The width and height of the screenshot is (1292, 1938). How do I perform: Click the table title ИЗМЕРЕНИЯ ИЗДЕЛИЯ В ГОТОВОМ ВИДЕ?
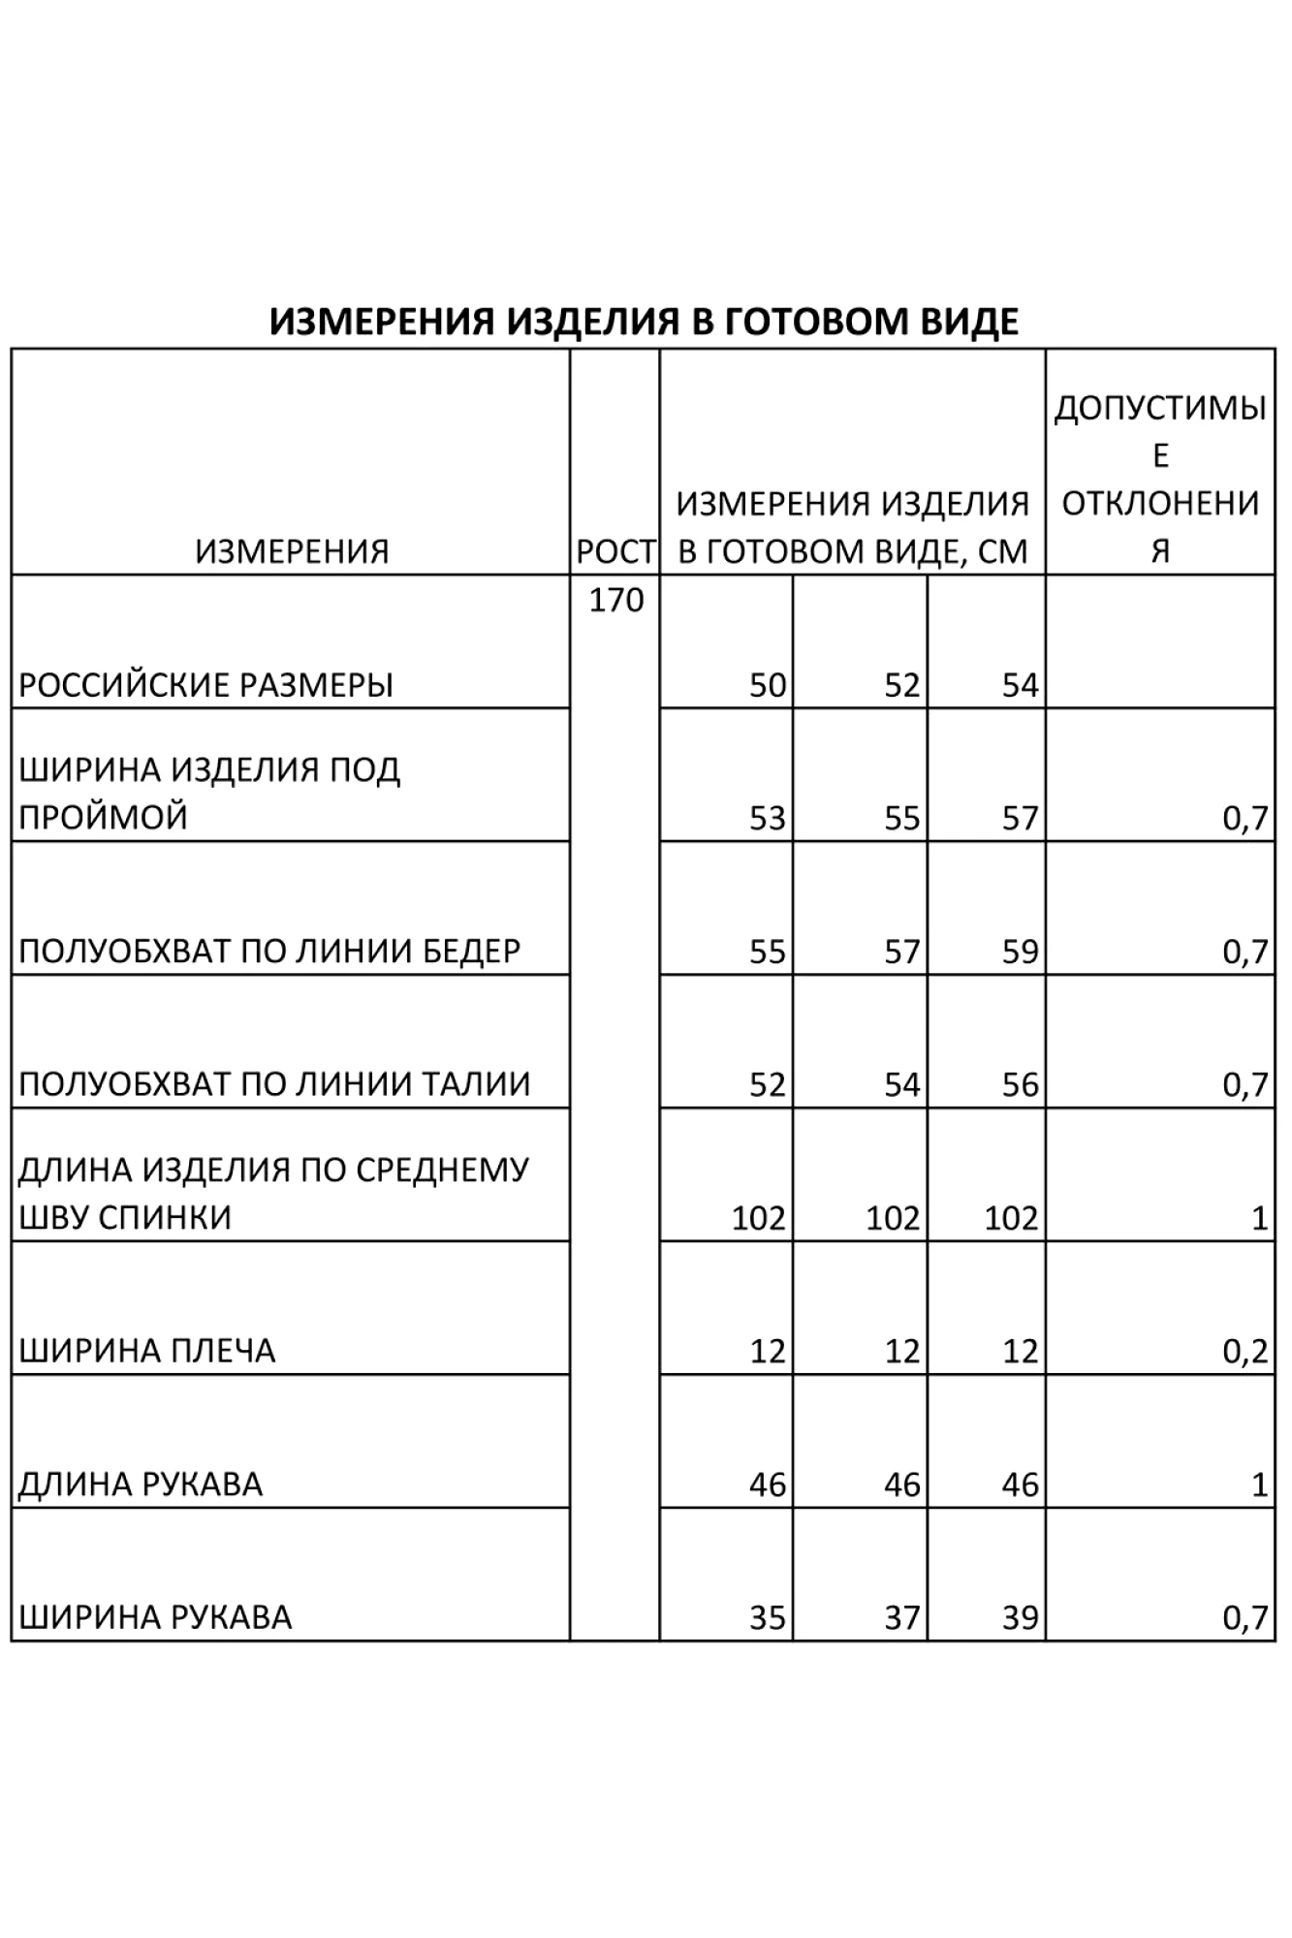644,321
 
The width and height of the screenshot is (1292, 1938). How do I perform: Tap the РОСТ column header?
615,551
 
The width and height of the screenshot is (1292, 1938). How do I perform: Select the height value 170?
615,600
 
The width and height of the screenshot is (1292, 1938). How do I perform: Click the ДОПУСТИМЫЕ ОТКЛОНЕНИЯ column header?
1159,479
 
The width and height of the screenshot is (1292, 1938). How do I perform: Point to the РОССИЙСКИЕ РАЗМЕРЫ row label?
205,685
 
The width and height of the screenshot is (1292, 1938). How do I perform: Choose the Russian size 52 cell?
901,685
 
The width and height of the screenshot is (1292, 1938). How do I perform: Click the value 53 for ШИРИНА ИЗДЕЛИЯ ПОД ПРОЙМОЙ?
767,819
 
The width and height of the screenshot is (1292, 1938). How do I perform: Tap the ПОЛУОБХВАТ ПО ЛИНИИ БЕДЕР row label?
269,952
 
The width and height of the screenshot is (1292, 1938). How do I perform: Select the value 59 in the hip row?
1020,952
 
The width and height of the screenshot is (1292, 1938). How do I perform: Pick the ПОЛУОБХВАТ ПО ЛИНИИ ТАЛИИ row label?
274,1084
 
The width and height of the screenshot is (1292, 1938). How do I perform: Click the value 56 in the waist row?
1020,1084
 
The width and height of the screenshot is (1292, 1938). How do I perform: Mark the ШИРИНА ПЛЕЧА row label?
147,1351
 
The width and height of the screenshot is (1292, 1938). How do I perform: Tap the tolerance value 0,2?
1245,1351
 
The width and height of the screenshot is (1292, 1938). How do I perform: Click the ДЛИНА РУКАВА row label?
141,1485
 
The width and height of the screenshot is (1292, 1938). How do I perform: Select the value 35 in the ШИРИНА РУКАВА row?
767,1617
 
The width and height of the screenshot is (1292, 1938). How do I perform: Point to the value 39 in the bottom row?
1020,1617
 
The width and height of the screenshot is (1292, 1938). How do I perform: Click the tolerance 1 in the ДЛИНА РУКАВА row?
1259,1485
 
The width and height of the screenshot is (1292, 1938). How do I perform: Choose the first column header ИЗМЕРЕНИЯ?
292,551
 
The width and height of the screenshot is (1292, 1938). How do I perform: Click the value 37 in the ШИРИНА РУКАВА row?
901,1617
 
